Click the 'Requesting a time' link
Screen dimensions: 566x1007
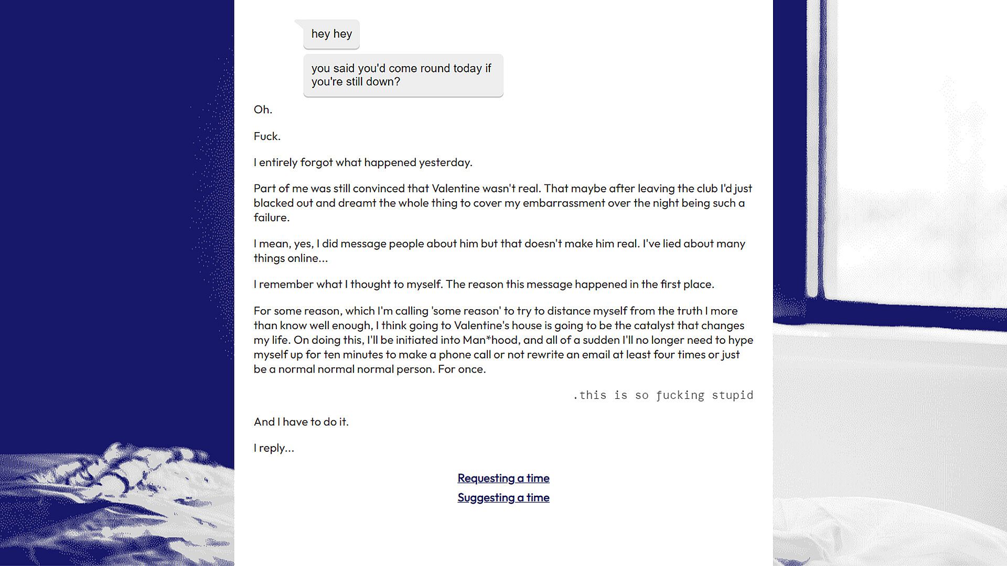pyautogui.click(x=503, y=478)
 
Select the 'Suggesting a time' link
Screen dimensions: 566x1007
pyautogui.click(x=503, y=497)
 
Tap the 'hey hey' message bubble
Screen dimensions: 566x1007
pyautogui.click(x=331, y=34)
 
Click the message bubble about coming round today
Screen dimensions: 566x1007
pyautogui.click(x=403, y=75)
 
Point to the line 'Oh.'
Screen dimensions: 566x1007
pyautogui.click(x=263, y=110)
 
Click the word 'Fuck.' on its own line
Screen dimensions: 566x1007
pyautogui.click(x=267, y=136)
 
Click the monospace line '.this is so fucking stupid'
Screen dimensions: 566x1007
pyautogui.click(x=663, y=395)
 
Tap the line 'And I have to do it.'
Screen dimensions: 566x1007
pyautogui.click(x=301, y=422)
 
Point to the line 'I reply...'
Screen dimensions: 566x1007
pyautogui.click(x=274, y=448)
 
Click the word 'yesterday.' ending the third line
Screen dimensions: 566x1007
pyautogui.click(x=445, y=162)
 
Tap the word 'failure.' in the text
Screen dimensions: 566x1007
pyautogui.click(x=271, y=217)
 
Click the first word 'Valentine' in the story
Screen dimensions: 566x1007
pyautogui.click(x=455, y=188)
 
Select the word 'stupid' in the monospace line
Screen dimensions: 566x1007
pyautogui.click(x=732, y=395)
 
